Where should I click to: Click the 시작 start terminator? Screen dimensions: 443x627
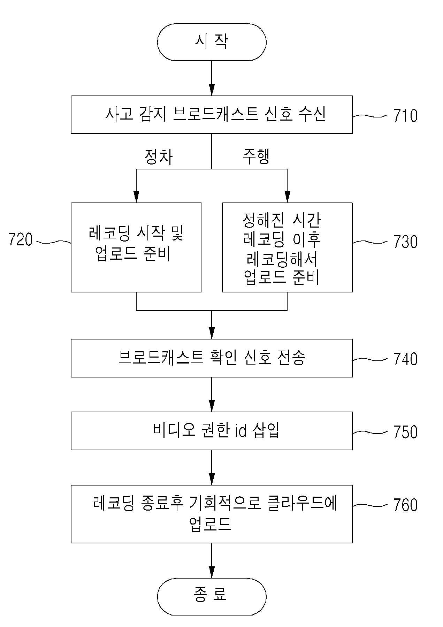212,42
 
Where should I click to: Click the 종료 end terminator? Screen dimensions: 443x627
212,596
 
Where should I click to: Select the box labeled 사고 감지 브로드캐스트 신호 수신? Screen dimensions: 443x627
212,115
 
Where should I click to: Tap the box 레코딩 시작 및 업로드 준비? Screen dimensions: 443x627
136,247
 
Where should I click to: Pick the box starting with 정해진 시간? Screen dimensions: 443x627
287,247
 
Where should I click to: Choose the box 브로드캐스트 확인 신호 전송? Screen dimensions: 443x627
212,358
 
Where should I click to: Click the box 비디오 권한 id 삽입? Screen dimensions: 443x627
212,431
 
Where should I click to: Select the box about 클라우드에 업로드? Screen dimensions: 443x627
212,514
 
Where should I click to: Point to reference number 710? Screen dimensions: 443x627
405,115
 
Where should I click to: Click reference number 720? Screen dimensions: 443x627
21,240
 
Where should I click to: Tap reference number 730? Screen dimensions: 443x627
405,242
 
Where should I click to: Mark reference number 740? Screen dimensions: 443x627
405,359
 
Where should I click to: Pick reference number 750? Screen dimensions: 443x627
405,432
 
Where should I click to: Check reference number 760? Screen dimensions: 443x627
405,505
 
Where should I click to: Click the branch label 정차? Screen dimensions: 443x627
159,157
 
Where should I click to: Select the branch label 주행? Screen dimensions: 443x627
256,157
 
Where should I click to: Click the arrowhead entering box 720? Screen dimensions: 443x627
136,197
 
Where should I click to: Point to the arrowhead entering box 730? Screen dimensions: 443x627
287,197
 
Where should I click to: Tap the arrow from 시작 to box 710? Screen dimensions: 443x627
212,78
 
